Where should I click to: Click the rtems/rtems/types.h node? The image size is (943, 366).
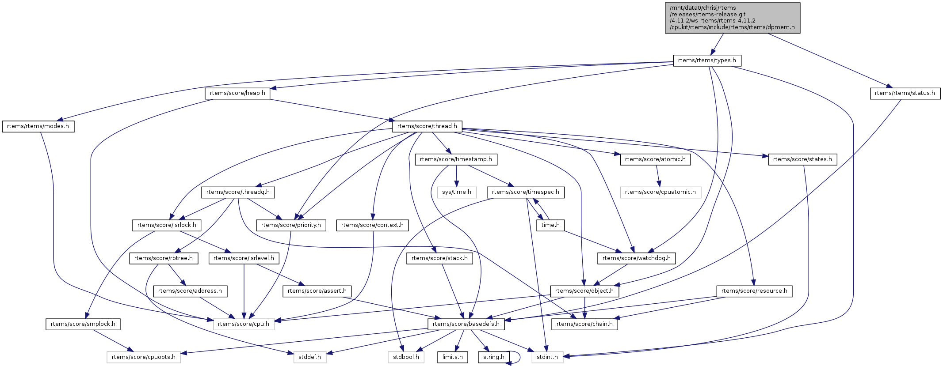pyautogui.click(x=706, y=60)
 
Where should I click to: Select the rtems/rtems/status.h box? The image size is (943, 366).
pyautogui.click(x=905, y=93)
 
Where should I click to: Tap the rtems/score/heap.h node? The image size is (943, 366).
pyautogui.click(x=237, y=93)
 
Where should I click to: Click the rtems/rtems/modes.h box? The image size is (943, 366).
pyautogui.click(x=38, y=126)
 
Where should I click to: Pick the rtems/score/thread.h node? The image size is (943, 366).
pyautogui.click(x=427, y=126)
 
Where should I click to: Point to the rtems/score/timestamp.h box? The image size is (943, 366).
pyautogui.click(x=456, y=159)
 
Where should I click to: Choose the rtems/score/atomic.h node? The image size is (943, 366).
pyautogui.click(x=655, y=159)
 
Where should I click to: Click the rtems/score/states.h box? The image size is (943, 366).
pyautogui.click(x=802, y=159)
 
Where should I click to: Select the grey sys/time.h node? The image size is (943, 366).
pyautogui.click(x=457, y=192)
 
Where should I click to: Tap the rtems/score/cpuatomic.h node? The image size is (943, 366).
pyautogui.click(x=660, y=192)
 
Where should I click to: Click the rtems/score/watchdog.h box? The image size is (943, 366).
pyautogui.click(x=636, y=258)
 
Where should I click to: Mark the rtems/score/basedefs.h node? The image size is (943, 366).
pyautogui.click(x=466, y=324)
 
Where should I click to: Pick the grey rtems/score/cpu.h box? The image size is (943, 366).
pyautogui.click(x=244, y=324)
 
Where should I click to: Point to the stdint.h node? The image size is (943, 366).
pyautogui.click(x=547, y=357)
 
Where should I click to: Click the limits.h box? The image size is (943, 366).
pyautogui.click(x=452, y=357)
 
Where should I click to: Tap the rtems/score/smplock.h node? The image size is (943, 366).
pyautogui.click(x=83, y=324)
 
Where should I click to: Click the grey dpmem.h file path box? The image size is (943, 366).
pyautogui.click(x=732, y=18)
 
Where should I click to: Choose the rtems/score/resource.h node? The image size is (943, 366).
pyautogui.click(x=754, y=291)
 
